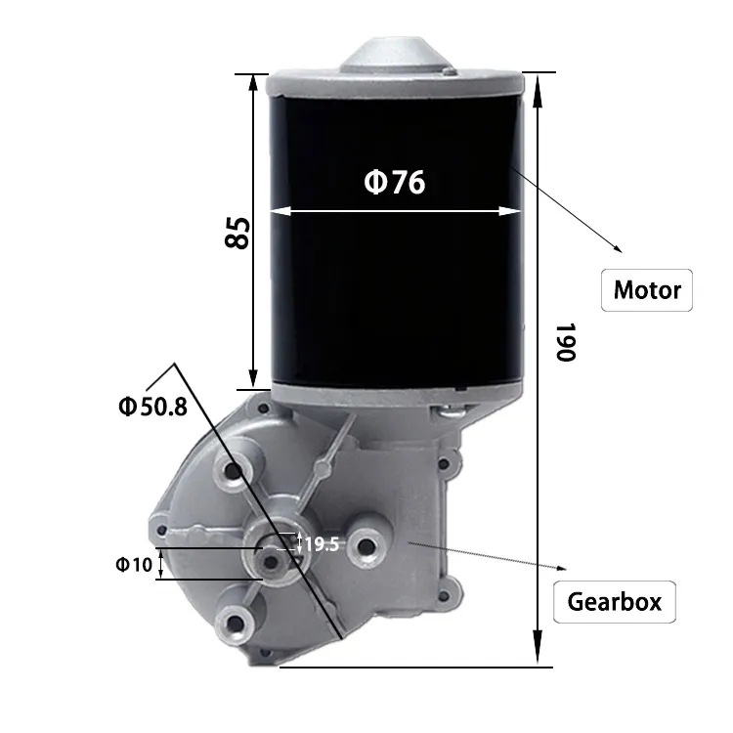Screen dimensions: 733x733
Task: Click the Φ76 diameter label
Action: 395,183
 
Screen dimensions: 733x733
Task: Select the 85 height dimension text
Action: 237,232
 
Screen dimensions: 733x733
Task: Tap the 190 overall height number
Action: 564,342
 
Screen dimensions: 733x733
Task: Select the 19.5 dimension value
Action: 322,544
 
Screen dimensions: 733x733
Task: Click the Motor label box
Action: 646,290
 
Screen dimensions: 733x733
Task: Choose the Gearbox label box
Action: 614,601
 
